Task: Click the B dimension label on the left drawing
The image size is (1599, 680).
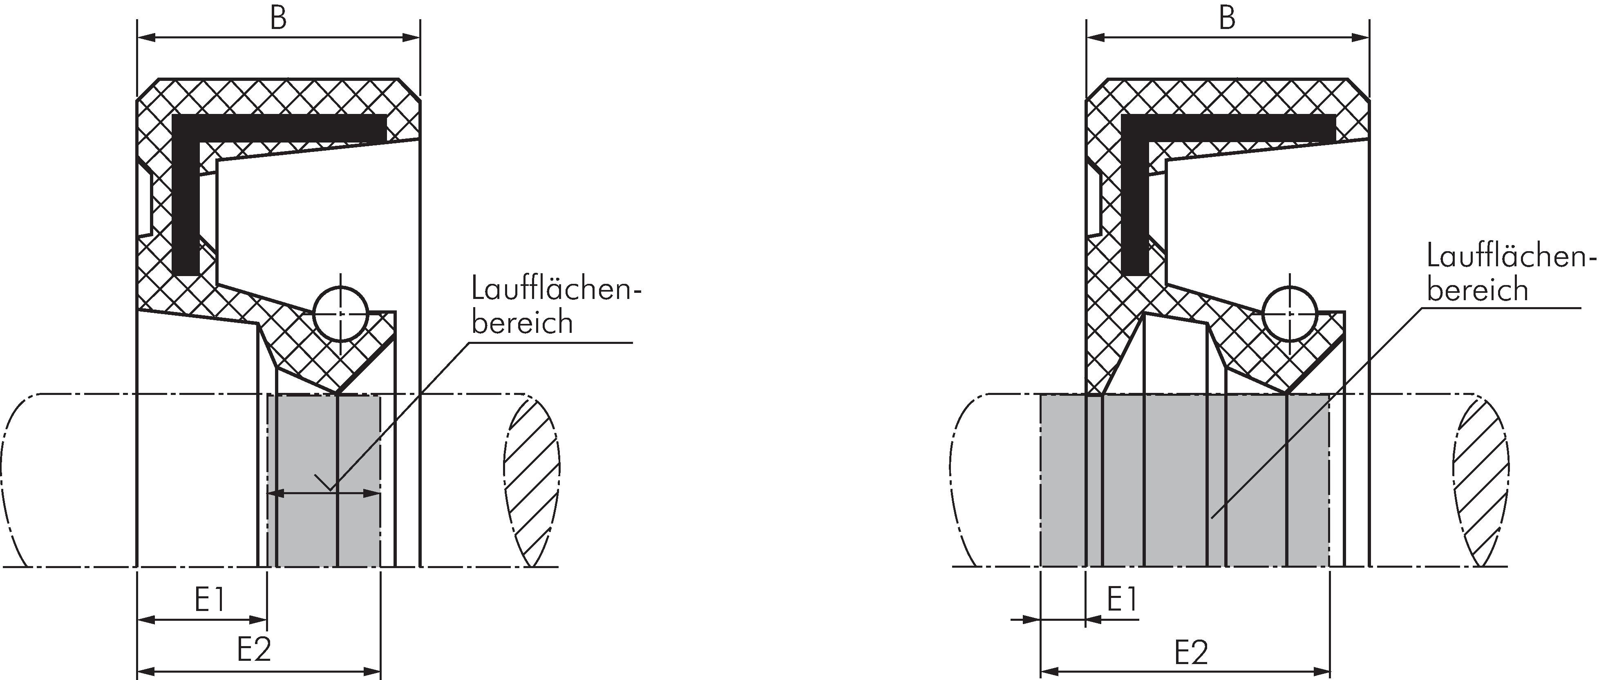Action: point(279,19)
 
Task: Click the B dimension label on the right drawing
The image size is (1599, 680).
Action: point(1227,19)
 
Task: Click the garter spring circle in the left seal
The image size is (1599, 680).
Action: point(341,314)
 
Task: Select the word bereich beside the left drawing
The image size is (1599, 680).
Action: point(522,323)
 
